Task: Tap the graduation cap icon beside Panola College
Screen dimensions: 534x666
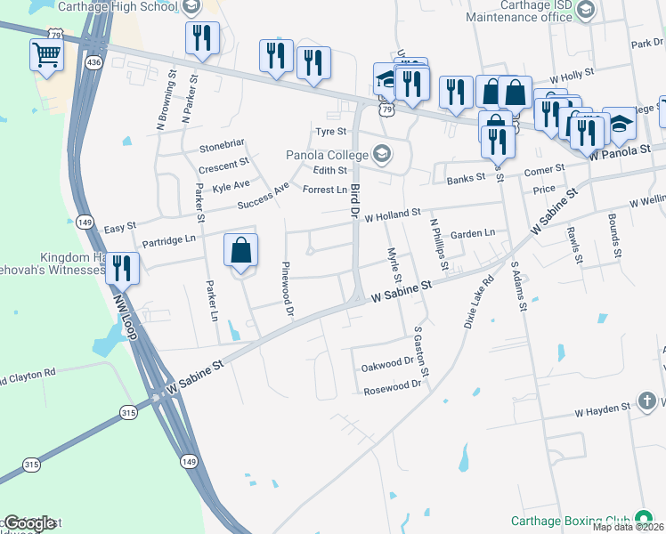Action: (382, 153)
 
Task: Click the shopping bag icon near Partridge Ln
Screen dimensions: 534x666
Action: (241, 250)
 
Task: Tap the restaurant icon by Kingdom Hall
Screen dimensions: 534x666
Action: (122, 268)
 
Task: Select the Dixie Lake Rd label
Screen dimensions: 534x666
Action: (477, 302)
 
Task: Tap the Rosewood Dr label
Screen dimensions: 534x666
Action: (391, 384)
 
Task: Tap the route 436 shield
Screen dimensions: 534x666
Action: (93, 62)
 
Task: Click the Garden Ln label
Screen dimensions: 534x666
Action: (472, 233)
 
